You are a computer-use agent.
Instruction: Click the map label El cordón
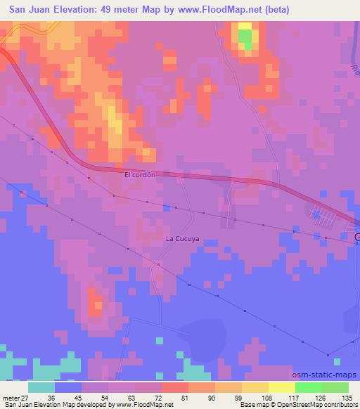139,175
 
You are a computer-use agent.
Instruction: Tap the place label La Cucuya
182,239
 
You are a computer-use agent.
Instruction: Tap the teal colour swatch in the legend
41,387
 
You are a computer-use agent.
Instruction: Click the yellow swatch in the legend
281,387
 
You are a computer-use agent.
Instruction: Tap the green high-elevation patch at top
245,37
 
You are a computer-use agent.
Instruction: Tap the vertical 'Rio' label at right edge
355,69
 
